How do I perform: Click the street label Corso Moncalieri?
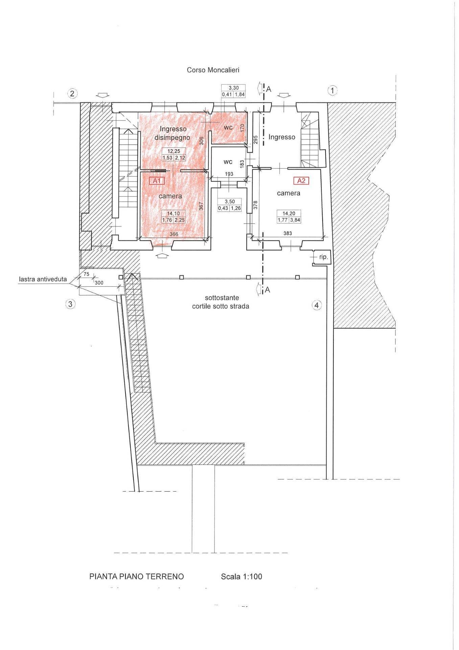pos(213,70)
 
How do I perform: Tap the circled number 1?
pos(332,90)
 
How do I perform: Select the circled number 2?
pos(72,93)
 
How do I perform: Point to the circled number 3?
pos(70,304)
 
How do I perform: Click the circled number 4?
pos(316,305)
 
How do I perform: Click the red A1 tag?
pos(157,181)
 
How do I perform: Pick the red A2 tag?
pos(301,181)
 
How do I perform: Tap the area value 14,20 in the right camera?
pos(289,214)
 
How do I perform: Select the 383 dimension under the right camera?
pos(288,233)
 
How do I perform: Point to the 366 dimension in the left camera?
pos(174,234)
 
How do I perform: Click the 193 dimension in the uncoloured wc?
pos(229,174)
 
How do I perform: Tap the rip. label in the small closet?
pos(323,257)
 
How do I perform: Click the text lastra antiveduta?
pos(43,280)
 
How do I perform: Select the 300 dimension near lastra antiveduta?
pos(99,283)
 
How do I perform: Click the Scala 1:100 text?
pos(241,576)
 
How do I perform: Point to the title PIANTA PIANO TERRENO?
pos(137,576)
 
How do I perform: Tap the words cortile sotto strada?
pos(221,306)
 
